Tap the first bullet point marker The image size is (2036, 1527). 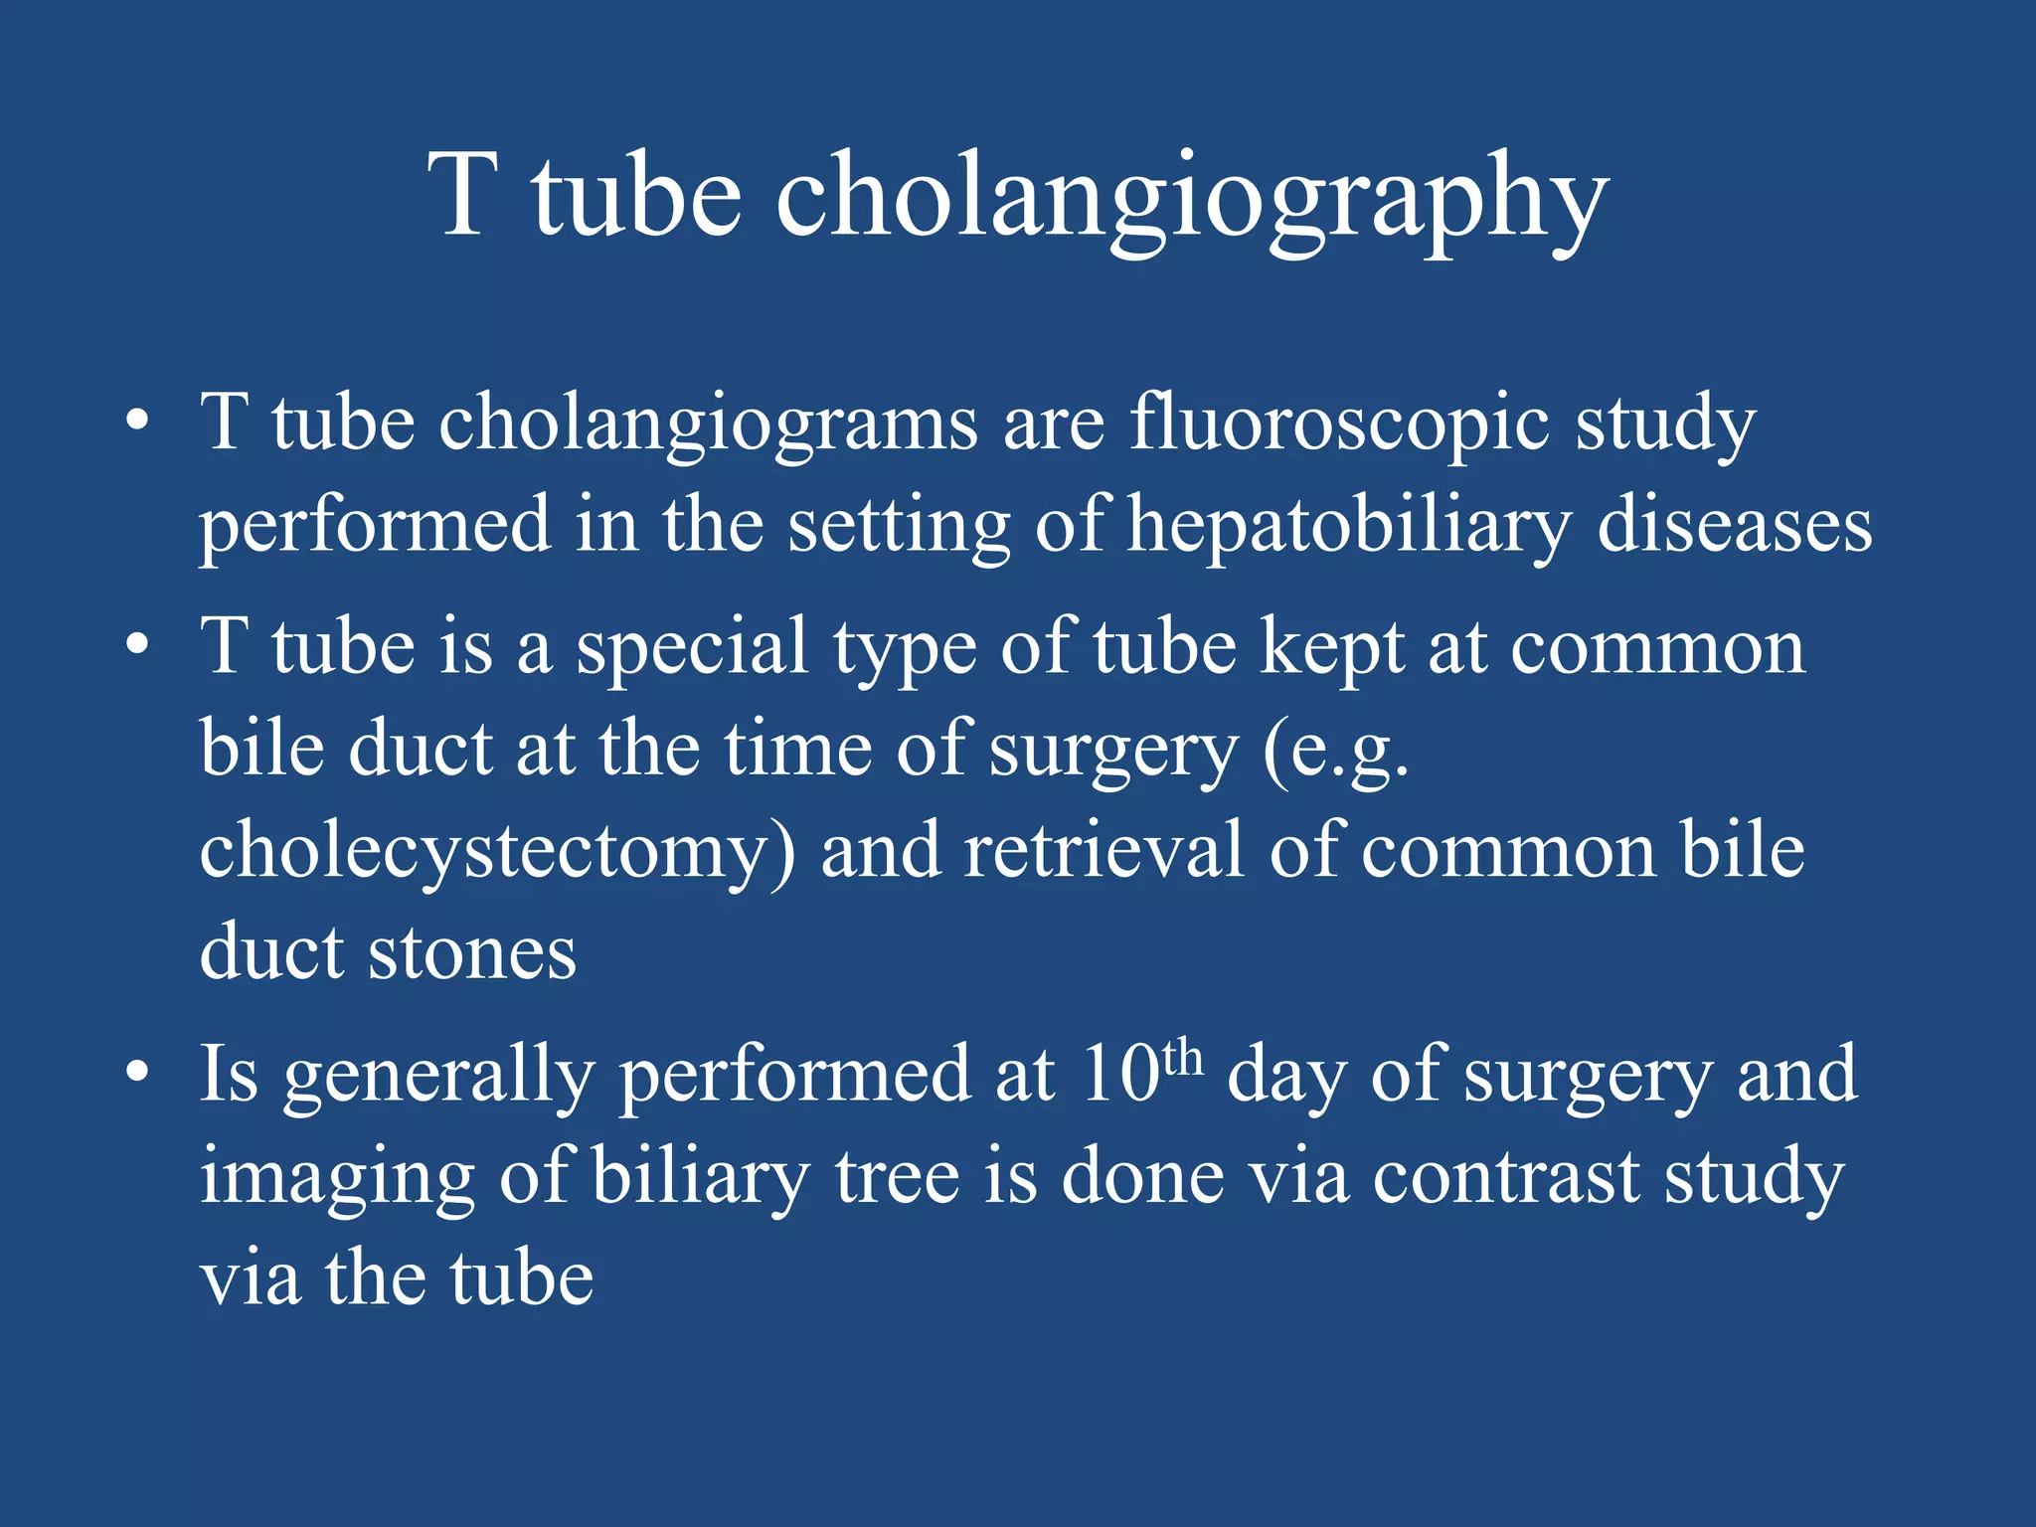click(x=138, y=422)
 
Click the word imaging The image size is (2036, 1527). click(x=337, y=1179)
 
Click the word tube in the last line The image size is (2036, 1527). click(x=522, y=1278)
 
